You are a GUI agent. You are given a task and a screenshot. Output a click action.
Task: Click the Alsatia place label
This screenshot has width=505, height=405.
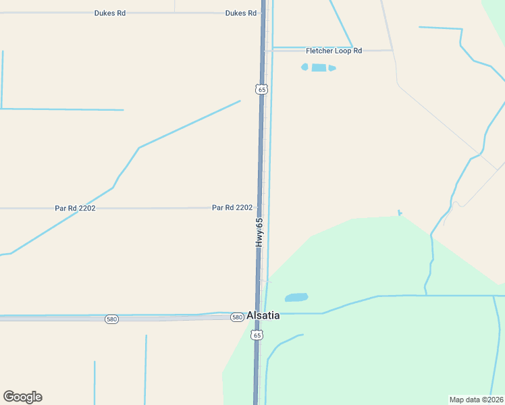point(263,315)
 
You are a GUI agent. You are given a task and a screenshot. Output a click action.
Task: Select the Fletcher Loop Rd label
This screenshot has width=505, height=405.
point(334,51)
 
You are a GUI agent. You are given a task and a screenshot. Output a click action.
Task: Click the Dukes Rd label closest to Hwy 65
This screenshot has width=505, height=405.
point(240,13)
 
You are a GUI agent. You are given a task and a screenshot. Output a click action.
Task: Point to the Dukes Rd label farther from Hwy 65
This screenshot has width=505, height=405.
point(110,13)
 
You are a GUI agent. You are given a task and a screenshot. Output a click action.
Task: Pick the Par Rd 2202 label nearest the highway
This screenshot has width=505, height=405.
point(232,208)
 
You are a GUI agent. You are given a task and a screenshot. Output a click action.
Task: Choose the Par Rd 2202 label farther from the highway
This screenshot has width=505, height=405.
point(75,209)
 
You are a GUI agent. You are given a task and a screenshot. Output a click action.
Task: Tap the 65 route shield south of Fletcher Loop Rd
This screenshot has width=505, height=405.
point(261,89)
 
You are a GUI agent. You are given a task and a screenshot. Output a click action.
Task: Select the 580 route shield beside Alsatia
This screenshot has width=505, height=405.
point(236,317)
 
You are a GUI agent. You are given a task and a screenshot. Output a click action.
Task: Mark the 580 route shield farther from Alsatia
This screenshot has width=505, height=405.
point(111,319)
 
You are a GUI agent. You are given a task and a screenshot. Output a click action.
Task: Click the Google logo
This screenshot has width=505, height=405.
point(22,397)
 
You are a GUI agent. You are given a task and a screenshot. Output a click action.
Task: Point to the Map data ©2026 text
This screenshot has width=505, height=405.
point(476,399)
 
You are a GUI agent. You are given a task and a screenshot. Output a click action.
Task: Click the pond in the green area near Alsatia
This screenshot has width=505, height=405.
point(296,298)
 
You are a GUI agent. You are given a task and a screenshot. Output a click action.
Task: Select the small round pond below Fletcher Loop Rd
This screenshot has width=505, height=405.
point(304,67)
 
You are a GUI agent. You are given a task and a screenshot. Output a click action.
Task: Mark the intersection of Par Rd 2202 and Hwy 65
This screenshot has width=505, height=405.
point(260,208)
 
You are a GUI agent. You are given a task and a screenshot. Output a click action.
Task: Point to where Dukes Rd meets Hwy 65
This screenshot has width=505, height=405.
point(263,13)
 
